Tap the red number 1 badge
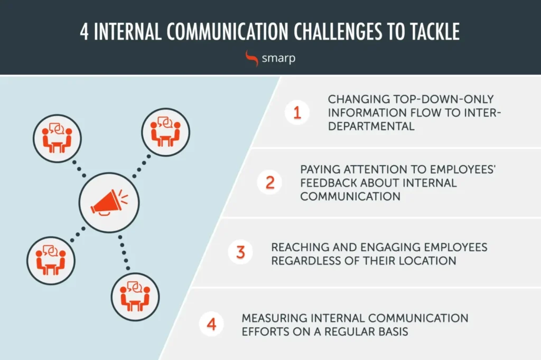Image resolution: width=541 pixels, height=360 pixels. pyautogui.click(x=297, y=112)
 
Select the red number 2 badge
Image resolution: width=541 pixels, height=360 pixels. pyautogui.click(x=269, y=182)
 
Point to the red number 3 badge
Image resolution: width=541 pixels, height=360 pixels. pyautogui.click(x=240, y=252)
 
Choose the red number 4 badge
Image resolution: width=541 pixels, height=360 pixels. pyautogui.click(x=211, y=324)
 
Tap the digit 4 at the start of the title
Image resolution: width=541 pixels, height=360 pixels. pyautogui.click(x=84, y=32)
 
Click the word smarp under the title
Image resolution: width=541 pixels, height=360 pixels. pyautogui.click(x=278, y=58)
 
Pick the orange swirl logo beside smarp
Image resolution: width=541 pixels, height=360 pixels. pyautogui.click(x=251, y=58)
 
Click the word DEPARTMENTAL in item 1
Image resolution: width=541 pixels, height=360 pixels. pyautogui.click(x=371, y=126)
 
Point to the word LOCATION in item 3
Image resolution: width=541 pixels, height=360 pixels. pyautogui.click(x=427, y=261)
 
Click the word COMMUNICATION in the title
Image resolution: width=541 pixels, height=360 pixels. pyautogui.click(x=227, y=32)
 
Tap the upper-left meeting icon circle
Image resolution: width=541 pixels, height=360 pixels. pyautogui.click(x=57, y=139)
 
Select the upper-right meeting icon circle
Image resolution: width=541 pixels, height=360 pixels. pyautogui.click(x=165, y=132)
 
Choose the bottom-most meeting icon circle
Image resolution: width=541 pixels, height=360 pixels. pyautogui.click(x=135, y=297)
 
